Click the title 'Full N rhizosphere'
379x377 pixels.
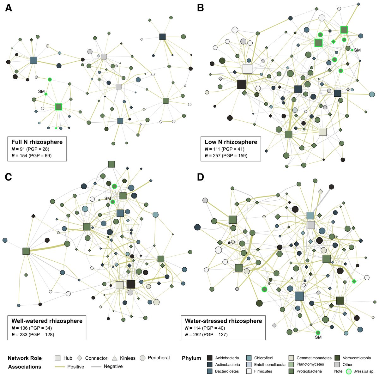tap(37, 142)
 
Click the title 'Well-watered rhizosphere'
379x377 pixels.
tap(47, 321)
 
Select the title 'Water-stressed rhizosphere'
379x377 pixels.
tap(223, 321)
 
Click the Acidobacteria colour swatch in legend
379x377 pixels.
tap(209, 358)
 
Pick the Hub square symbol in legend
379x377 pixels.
tap(57, 358)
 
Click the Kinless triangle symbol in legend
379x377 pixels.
tap(114, 358)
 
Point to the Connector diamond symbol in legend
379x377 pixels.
tap(79, 358)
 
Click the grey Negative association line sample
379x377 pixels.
tap(96, 367)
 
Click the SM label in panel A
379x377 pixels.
tap(41, 91)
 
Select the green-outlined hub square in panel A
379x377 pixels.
tap(58, 107)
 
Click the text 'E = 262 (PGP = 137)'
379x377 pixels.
tap(206, 334)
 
